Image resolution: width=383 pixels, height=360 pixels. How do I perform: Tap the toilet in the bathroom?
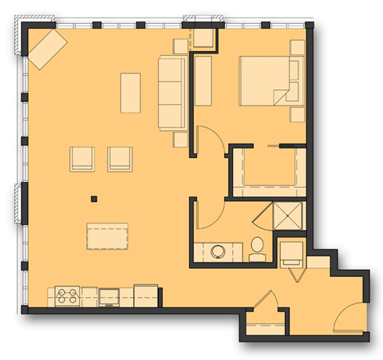(258, 248)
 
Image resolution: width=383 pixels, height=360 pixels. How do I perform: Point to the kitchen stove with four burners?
(64, 296)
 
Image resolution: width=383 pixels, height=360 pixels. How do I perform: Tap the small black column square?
(94, 199)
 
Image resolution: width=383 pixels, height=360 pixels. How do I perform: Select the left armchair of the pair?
(83, 158)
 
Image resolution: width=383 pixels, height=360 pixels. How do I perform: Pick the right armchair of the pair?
(120, 158)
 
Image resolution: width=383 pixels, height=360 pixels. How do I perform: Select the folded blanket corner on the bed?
(284, 97)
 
